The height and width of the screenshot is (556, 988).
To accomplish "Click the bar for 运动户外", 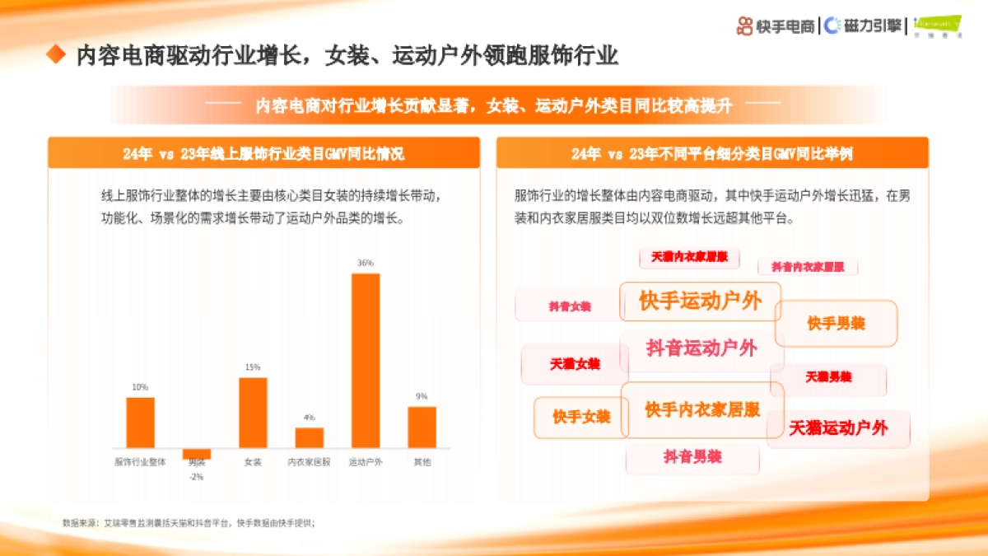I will pyautogui.click(x=366, y=360).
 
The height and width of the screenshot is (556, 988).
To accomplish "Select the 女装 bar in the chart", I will pyautogui.click(x=253, y=412).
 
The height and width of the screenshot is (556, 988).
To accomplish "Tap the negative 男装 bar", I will pyautogui.click(x=197, y=453).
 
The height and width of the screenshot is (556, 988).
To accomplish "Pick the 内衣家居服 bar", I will pyautogui.click(x=310, y=437).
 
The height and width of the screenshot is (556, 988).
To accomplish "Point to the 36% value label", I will pyautogui.click(x=366, y=263).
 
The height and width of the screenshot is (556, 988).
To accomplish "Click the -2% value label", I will pyautogui.click(x=197, y=477).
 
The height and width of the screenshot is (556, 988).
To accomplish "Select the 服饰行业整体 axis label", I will pyautogui.click(x=140, y=462).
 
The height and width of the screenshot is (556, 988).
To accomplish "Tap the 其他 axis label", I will pyautogui.click(x=422, y=462).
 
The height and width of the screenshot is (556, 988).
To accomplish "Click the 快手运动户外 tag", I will pyautogui.click(x=700, y=301).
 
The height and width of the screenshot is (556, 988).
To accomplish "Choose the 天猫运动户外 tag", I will pyautogui.click(x=838, y=428).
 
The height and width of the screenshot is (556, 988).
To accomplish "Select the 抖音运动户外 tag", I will pyautogui.click(x=701, y=348).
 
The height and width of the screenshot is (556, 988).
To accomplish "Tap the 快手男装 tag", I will pyautogui.click(x=836, y=324).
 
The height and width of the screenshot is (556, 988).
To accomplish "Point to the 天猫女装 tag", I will pyautogui.click(x=575, y=364).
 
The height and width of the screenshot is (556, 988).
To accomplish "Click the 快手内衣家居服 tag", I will pyautogui.click(x=702, y=409).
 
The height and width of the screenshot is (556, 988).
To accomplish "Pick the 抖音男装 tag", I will pyautogui.click(x=692, y=456).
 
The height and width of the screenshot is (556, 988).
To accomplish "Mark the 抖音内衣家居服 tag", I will pyautogui.click(x=808, y=267).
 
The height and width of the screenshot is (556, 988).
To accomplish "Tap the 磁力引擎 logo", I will pyautogui.click(x=864, y=26).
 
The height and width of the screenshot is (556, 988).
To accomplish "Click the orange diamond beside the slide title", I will pyautogui.click(x=55, y=55).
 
